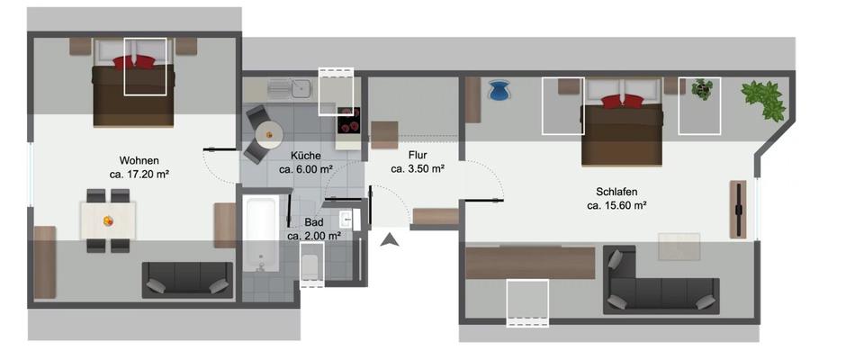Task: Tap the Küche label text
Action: pyautogui.click(x=306, y=155)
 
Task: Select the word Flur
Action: pyautogui.click(x=417, y=154)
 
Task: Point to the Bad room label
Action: pyautogui.click(x=313, y=221)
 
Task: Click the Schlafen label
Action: pyautogui.click(x=617, y=192)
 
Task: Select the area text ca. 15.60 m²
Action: pyautogui.click(x=617, y=206)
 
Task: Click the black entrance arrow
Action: pyautogui.click(x=390, y=239)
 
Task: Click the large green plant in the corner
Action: pyautogui.click(x=765, y=100)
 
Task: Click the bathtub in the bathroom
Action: pyautogui.click(x=261, y=236)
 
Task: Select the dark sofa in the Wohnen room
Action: pyautogui.click(x=187, y=280)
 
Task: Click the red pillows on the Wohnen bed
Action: pyautogui.click(x=134, y=62)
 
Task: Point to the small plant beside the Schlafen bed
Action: pyautogui.click(x=702, y=89)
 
